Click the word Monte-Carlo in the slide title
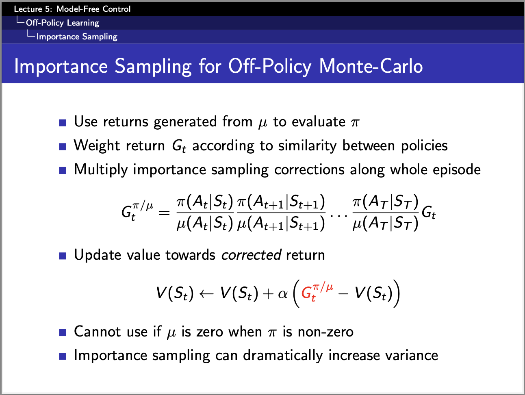tap(371, 66)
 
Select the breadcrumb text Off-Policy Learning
tap(63, 23)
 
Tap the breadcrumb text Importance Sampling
tap(77, 37)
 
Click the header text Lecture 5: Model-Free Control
tap(72, 9)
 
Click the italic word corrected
tap(251, 255)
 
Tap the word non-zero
tap(325, 332)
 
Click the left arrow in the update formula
tap(206, 294)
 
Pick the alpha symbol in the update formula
tap(283, 294)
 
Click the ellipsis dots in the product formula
tap(338, 216)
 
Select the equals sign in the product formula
tap(164, 212)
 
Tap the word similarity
tap(307, 146)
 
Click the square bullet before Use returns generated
tap(63, 123)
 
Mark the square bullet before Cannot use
tap(63, 332)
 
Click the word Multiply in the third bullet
tap(101, 170)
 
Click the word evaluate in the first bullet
tap(319, 122)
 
